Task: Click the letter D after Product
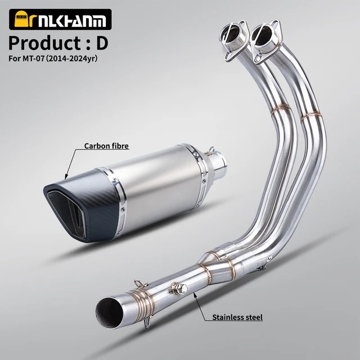102,43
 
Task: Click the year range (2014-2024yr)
71,58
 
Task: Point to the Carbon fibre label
106,146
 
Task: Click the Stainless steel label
237,317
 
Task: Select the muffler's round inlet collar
217,164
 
